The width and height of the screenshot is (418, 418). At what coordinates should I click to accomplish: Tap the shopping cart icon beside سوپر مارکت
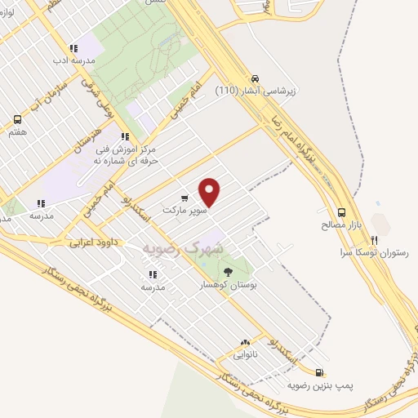pyautogui.click(x=185, y=198)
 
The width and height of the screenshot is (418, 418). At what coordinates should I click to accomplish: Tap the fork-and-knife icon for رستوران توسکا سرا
pyautogui.click(x=374, y=241)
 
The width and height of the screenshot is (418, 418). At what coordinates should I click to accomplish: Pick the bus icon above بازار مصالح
pyautogui.click(x=341, y=209)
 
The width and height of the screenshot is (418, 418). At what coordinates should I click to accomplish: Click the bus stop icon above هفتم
pyautogui.click(x=18, y=119)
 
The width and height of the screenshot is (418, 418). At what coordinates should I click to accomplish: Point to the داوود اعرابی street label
pyautogui.click(x=89, y=242)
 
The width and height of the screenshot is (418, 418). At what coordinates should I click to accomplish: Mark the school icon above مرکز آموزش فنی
pyautogui.click(x=125, y=137)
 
